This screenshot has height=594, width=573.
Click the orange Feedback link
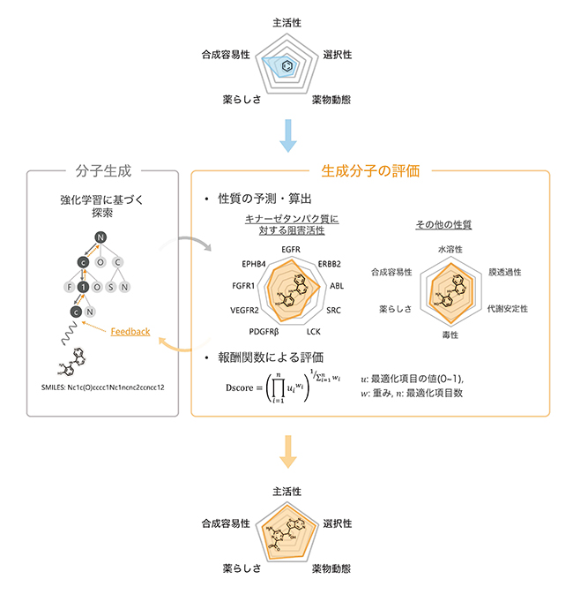[130, 332]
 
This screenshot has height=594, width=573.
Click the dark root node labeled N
[101, 237]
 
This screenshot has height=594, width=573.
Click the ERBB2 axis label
[330, 263]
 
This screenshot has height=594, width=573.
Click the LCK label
[314, 331]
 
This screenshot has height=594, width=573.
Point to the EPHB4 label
[255, 263]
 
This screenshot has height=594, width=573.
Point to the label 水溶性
[450, 250]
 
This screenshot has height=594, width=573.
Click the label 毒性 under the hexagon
[450, 335]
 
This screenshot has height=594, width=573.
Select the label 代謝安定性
[507, 309]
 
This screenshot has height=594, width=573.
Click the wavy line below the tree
[70, 336]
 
